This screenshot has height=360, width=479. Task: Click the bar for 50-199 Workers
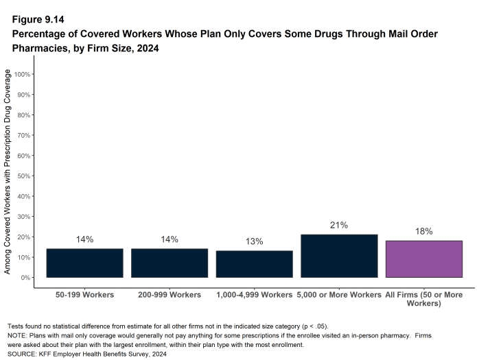point(84,263)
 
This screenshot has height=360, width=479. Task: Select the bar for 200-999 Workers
point(170,263)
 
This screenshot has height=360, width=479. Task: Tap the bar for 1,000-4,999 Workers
point(254,264)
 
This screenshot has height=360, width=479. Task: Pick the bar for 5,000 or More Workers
point(339,256)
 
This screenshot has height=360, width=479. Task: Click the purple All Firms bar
point(423,259)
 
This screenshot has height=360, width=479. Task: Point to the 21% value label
point(339,225)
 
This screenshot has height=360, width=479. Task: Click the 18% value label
point(423,232)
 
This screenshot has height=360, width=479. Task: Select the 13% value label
point(254,241)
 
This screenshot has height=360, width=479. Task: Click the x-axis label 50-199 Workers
point(84,295)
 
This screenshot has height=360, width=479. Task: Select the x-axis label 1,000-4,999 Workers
point(254,295)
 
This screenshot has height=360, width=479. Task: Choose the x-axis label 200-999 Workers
point(170,295)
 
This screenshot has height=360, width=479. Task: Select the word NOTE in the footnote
point(17,335)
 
